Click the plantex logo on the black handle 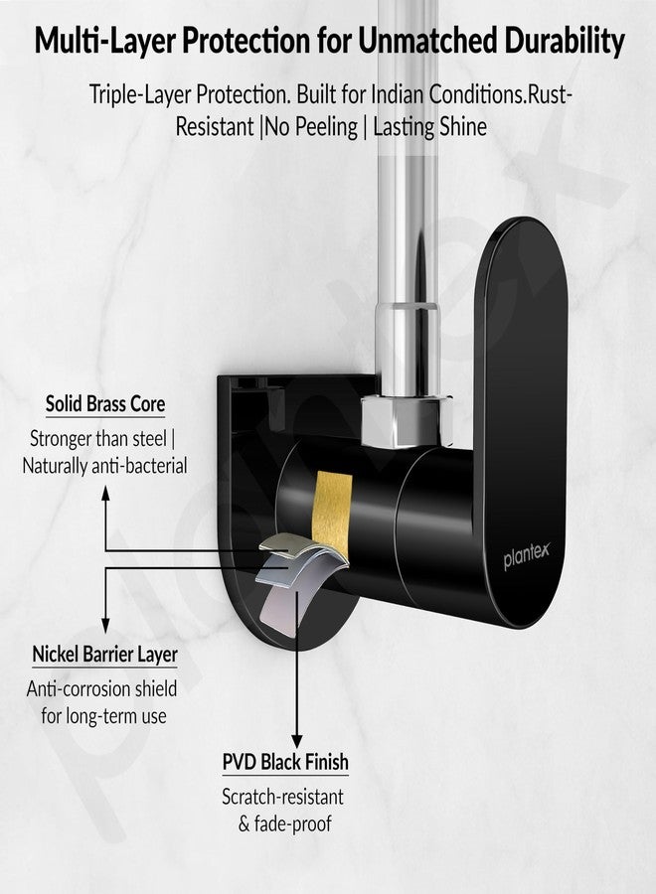tap(526, 555)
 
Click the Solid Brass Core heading tap(105, 403)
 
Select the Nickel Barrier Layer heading tap(105, 654)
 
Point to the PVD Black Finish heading tap(285, 762)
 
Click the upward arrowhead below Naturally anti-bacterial tap(105, 493)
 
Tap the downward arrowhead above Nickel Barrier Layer tap(105, 625)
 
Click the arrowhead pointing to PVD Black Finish tap(296, 740)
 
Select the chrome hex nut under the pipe tap(408, 420)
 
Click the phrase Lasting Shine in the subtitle tap(429, 126)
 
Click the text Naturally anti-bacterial tap(105, 466)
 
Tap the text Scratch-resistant tap(283, 797)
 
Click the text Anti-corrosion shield tap(102, 688)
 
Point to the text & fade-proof tap(284, 823)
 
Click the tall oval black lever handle tap(520, 422)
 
